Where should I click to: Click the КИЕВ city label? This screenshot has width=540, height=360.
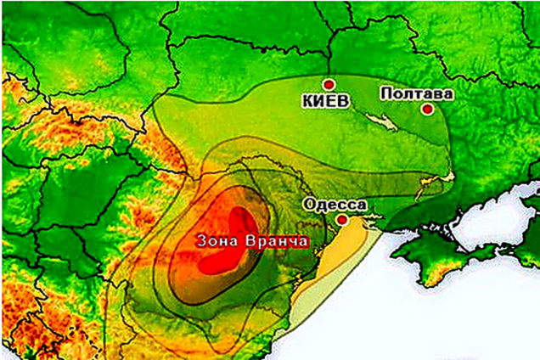(x=325, y=101)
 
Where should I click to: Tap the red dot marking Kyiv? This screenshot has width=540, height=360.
(x=329, y=84)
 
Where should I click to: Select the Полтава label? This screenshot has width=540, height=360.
(x=417, y=93)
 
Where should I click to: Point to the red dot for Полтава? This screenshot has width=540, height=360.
(x=428, y=109)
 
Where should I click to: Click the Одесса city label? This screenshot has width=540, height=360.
(x=335, y=205)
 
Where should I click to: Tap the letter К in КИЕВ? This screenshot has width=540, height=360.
(x=307, y=101)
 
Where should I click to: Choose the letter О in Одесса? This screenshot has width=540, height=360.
(x=310, y=205)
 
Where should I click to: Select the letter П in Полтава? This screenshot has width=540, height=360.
(x=386, y=93)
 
